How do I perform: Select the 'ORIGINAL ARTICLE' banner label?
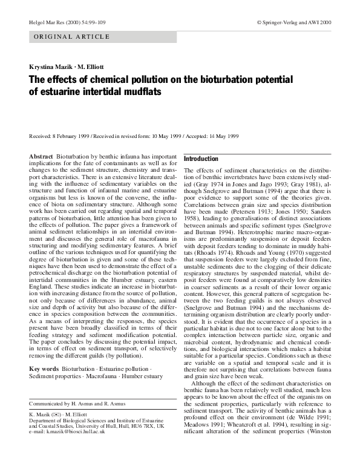tap(73, 37)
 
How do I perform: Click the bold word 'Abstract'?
tap(41, 156)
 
